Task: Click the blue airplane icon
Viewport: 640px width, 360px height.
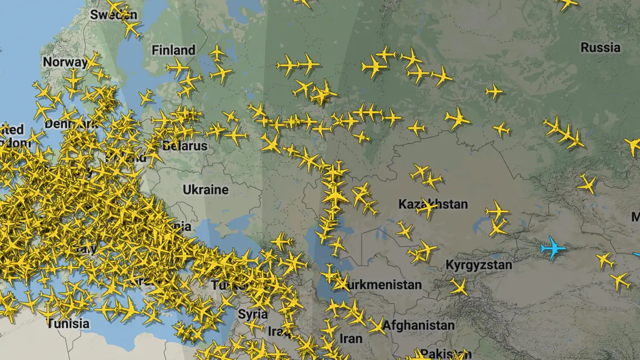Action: (553, 248)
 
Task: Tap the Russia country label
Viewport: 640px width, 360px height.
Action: (601, 48)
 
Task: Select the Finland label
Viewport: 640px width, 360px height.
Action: (173, 50)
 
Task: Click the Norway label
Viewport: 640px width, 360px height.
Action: (64, 62)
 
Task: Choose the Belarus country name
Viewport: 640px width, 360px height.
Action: (185, 146)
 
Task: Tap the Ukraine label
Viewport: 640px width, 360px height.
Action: (206, 189)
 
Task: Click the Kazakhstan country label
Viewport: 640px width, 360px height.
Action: (433, 204)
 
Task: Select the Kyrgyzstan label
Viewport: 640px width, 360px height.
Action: (478, 265)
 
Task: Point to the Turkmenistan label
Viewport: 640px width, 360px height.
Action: (383, 285)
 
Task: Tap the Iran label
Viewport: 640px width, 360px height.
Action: (351, 338)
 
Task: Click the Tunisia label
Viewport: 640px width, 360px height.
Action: (68, 323)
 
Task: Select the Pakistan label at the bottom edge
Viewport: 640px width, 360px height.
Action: (442, 354)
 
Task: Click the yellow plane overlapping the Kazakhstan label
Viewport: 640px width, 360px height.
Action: (427, 208)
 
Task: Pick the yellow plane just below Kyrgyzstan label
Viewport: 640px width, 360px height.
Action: (459, 287)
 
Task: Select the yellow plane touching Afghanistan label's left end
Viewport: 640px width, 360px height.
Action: (377, 326)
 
